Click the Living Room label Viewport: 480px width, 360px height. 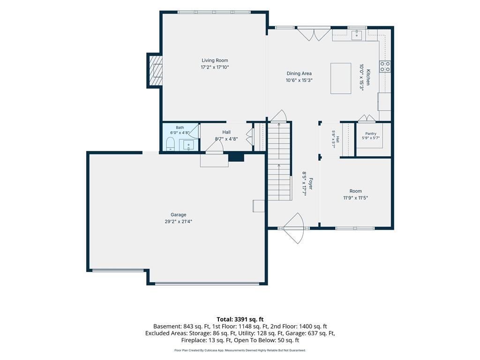click(215, 60)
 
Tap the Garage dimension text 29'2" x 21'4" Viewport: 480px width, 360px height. click(179, 221)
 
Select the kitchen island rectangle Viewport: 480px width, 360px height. click(341, 78)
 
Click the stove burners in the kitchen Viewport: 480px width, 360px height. click(385, 67)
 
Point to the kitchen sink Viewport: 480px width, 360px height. click(357, 35)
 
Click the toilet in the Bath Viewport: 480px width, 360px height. click(170, 144)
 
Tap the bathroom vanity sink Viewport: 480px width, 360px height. click(188, 145)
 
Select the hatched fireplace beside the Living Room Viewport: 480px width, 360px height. click(155, 71)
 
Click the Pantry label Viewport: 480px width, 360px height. click(371, 134)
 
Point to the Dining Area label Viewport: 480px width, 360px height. click(299, 74)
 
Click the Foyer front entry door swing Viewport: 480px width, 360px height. click(294, 228)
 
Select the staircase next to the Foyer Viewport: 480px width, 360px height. click(279, 161)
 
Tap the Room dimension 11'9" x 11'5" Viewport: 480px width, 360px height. click(355, 198)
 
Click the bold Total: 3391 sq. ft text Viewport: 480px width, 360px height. click(240, 320)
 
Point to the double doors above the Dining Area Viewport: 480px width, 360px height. click(314, 34)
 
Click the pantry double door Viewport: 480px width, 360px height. click(367, 118)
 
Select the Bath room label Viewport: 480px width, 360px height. click(180, 127)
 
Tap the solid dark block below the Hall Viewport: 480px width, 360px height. click(236, 157)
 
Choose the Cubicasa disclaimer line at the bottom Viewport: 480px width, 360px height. click(240, 350)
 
